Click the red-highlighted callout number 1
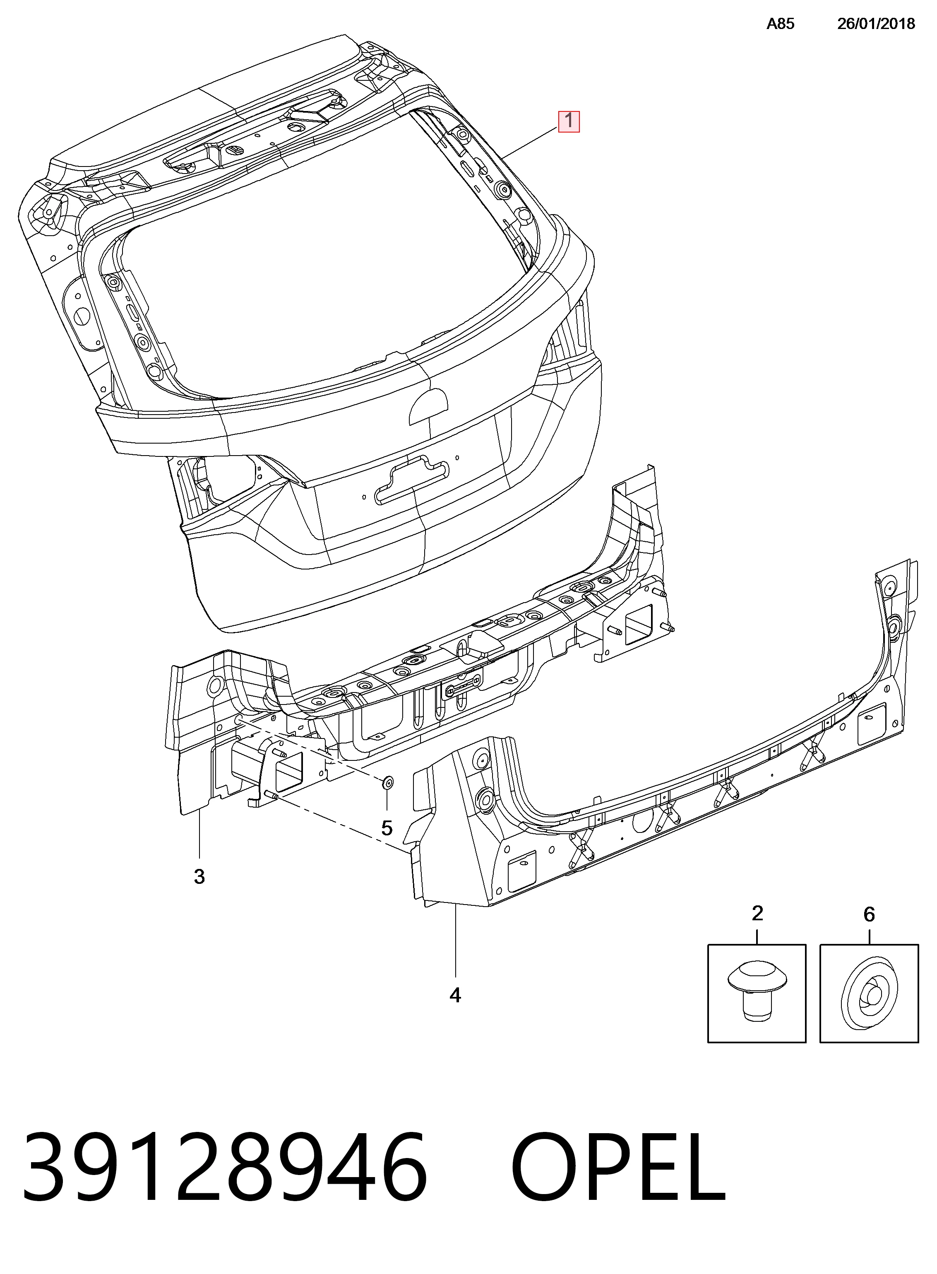tap(569, 121)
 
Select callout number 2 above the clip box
tap(757, 913)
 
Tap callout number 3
tap(199, 877)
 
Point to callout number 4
tap(455, 995)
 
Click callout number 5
tap(387, 828)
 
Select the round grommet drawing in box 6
tap(869, 993)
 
